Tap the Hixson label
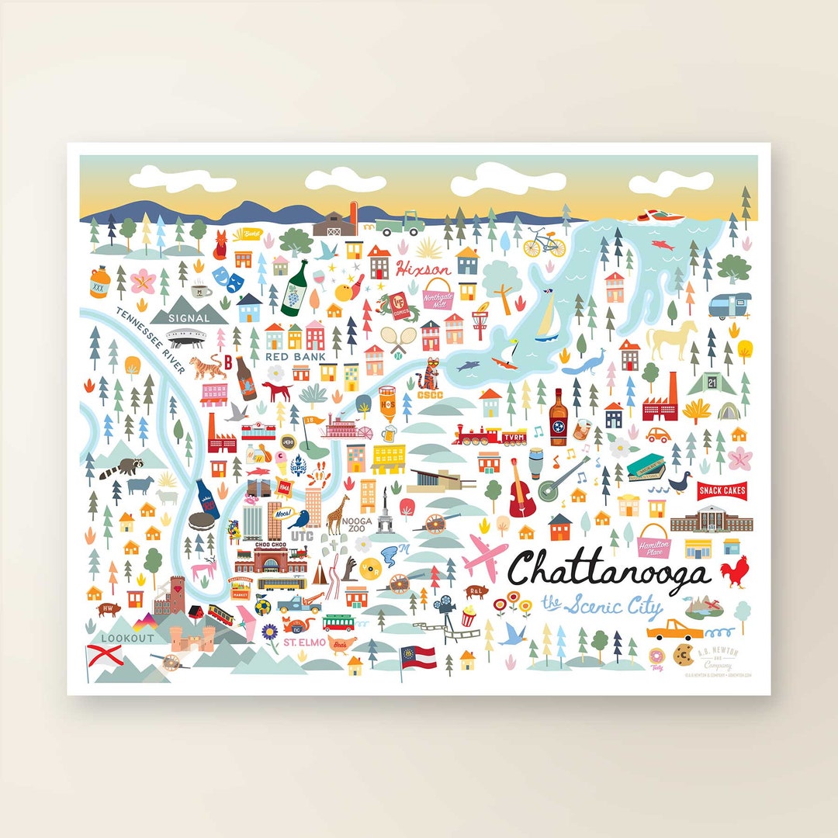point(422,269)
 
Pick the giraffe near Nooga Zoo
point(336,514)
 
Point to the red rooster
point(732,573)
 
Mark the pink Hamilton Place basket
point(653,540)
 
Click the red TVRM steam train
point(489,436)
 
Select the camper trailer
point(730,305)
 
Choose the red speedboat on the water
point(658,216)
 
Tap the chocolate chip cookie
point(682,656)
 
